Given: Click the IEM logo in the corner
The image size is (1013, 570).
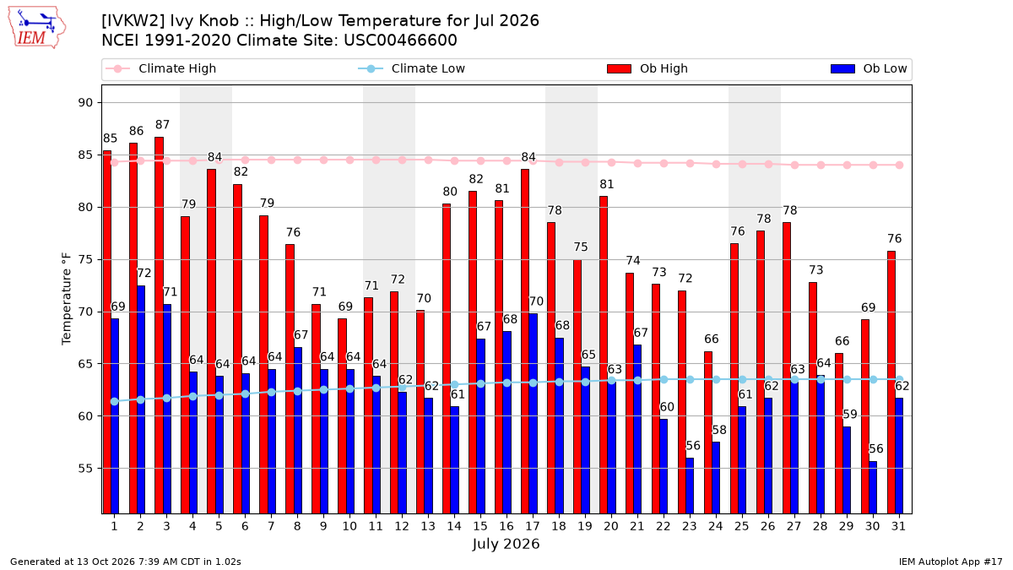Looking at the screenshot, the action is tap(36, 28).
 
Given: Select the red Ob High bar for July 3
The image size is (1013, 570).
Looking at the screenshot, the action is tap(160, 325).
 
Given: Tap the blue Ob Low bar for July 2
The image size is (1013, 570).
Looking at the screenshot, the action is tap(141, 399).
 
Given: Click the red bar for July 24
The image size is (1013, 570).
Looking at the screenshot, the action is tap(708, 432).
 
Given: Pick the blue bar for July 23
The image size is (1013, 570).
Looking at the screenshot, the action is tap(690, 486).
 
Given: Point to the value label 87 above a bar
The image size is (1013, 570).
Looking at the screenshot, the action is tap(162, 125).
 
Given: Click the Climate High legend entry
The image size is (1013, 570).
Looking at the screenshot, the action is tap(160, 68).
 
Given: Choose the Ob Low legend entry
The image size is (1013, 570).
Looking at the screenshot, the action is tap(869, 68).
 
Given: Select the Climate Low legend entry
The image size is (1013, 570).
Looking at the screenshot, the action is tap(412, 68).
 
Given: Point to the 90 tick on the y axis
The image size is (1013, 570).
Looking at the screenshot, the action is tap(85, 103).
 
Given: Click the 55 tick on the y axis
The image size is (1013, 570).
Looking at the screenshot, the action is tap(85, 468).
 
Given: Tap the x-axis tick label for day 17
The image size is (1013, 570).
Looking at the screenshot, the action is tap(533, 526).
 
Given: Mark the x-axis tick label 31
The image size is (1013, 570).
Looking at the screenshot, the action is tap(898, 526).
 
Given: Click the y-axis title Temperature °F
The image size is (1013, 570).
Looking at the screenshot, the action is tap(67, 299).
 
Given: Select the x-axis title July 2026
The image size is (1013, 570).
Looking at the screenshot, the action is tap(506, 544).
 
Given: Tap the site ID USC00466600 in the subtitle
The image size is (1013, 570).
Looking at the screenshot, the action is tap(400, 41).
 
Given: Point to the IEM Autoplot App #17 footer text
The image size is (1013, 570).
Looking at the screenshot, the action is tap(951, 562).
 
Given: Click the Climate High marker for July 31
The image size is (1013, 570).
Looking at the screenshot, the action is tap(900, 166).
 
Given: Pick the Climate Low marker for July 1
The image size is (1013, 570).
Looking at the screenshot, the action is tap(115, 401).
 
